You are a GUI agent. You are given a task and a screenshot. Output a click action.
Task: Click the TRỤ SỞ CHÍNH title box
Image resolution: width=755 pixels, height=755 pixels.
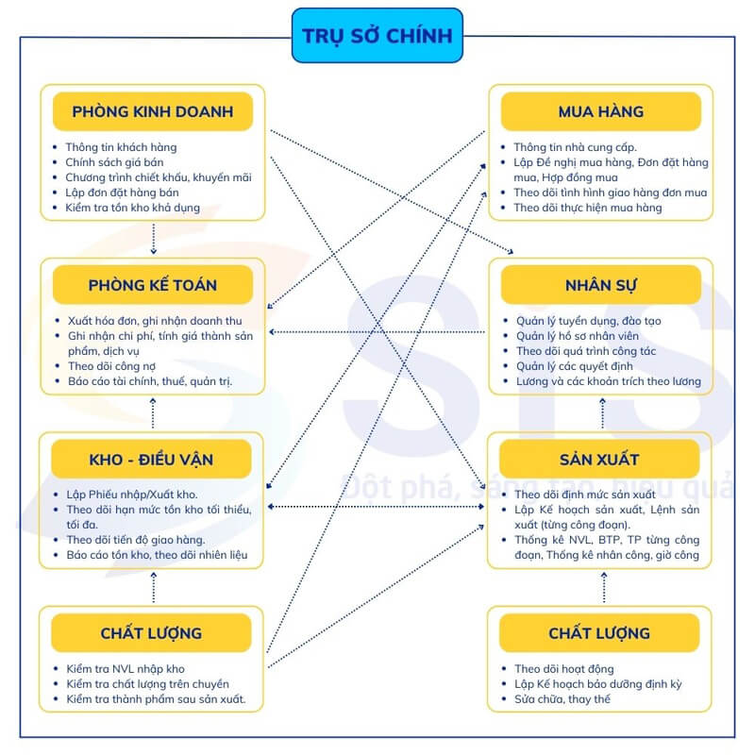pyautogui.click(x=377, y=35)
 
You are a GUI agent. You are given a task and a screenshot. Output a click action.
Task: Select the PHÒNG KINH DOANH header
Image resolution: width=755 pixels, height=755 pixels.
pyautogui.click(x=153, y=111)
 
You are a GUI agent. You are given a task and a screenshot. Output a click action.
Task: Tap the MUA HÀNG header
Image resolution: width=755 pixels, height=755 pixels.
pyautogui.click(x=600, y=111)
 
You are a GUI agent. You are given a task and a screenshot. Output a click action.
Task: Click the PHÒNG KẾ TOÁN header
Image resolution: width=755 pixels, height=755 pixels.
pyautogui.click(x=153, y=285)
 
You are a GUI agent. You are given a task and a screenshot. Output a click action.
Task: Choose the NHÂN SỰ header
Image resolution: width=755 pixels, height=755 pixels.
pyautogui.click(x=600, y=285)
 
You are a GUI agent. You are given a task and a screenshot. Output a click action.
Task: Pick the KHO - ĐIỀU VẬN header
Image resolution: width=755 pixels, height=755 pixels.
pyautogui.click(x=151, y=459)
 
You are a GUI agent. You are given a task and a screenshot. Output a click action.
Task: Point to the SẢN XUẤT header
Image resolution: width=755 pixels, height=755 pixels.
pyautogui.click(x=599, y=459)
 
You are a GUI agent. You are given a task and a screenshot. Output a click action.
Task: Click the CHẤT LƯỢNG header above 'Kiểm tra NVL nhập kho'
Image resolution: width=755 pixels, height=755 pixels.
pyautogui.click(x=151, y=632)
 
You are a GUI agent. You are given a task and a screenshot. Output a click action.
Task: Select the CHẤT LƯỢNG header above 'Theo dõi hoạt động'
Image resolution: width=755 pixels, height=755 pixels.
pyautogui.click(x=599, y=632)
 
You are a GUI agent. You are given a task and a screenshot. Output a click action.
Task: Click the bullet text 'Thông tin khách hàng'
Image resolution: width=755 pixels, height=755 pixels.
pyautogui.click(x=121, y=147)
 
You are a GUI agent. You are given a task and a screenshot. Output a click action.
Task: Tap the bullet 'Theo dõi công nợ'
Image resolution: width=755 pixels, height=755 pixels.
pyautogui.click(x=111, y=366)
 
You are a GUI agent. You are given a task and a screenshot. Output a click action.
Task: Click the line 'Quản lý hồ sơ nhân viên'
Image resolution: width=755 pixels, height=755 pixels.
pyautogui.click(x=578, y=336)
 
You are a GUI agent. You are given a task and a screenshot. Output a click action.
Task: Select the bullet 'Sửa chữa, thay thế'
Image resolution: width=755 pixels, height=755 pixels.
pyautogui.click(x=562, y=698)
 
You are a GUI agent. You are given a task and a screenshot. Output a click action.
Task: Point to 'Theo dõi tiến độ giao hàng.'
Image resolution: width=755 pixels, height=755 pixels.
pyautogui.click(x=136, y=539)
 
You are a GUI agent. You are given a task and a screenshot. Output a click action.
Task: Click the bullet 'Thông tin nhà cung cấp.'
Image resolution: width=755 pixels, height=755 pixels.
pyautogui.click(x=575, y=147)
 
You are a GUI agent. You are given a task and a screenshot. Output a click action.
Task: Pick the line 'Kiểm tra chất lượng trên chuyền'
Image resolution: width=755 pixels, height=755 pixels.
pyautogui.click(x=148, y=683)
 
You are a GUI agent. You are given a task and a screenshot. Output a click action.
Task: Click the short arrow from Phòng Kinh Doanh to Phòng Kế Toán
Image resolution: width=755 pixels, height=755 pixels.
pyautogui.click(x=154, y=239)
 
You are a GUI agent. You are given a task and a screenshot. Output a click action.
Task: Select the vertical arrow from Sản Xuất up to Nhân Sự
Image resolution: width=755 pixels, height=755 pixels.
pyautogui.click(x=602, y=413)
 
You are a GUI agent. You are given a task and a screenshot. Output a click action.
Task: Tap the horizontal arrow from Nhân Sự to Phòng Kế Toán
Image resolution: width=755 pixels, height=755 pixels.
pyautogui.click(x=377, y=332)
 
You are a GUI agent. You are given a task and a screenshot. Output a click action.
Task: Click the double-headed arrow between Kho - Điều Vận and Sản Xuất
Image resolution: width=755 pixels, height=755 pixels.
pyautogui.click(x=376, y=507)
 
